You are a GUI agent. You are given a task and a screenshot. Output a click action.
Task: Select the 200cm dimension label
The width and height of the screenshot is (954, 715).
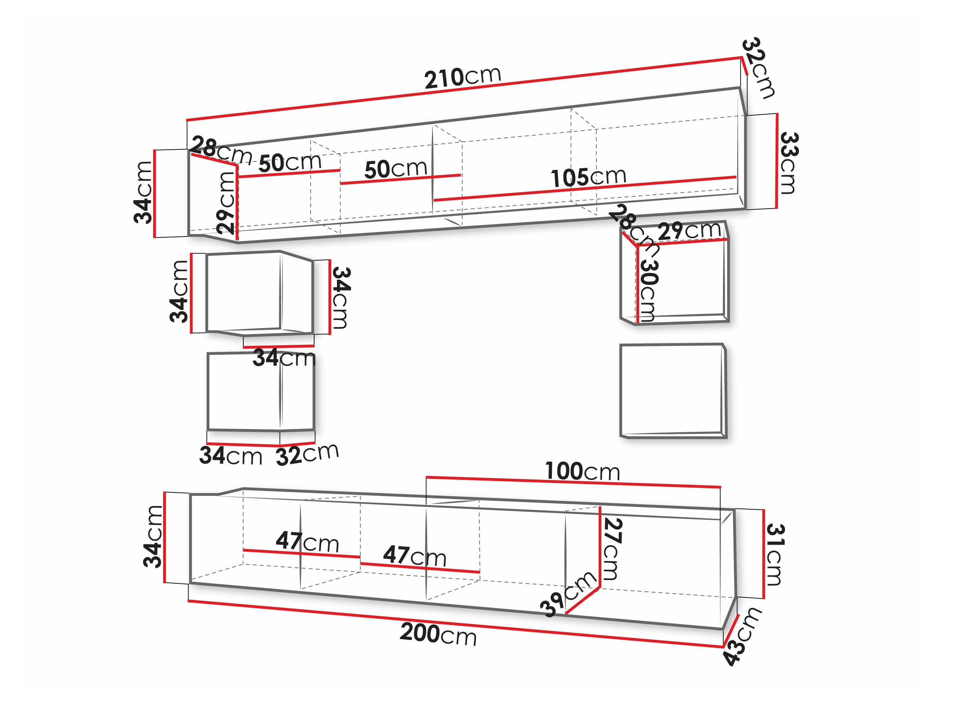click(x=438, y=634)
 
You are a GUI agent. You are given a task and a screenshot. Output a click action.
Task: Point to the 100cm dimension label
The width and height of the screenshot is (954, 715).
click(x=582, y=471)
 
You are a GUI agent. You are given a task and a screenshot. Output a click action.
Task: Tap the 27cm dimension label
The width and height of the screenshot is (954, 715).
click(x=613, y=549)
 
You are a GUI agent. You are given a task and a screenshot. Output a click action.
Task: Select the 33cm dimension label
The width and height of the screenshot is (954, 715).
click(x=790, y=163)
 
